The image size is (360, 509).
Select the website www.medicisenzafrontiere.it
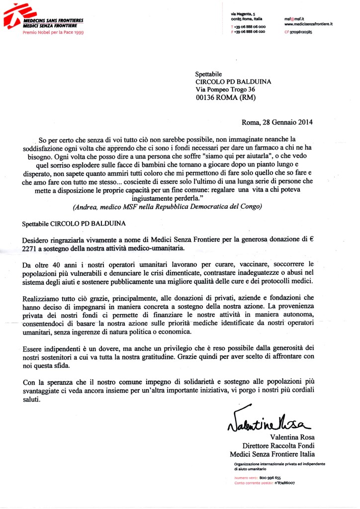pos(308,23)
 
